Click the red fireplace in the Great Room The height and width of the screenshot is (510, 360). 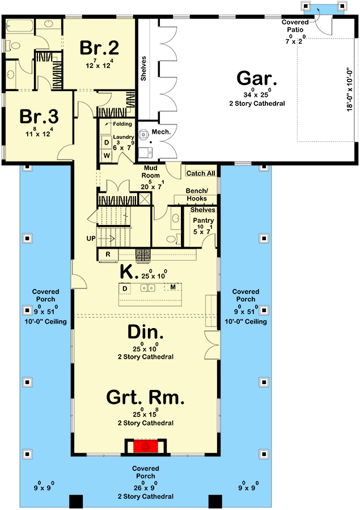pos(145,447)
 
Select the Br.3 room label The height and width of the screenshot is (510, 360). pos(39,116)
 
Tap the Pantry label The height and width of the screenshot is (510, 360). pos(202,220)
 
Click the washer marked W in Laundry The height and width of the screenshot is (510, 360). pos(106,155)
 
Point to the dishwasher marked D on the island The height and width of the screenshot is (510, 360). pos(124,288)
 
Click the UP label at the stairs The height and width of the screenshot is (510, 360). pos(91,239)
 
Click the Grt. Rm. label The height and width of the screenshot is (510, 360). pos(145,398)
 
